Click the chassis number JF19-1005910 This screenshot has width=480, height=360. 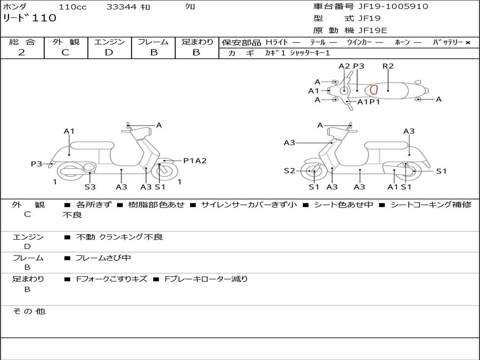pyautogui.click(x=393, y=7)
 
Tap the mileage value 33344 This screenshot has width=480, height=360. pyautogui.click(x=121, y=7)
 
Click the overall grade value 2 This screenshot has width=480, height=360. pyautogui.click(x=22, y=52)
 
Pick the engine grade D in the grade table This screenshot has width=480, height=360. pyautogui.click(x=109, y=52)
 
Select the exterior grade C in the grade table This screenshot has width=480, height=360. pyautogui.click(x=65, y=52)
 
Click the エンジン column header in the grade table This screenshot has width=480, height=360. pyautogui.click(x=109, y=42)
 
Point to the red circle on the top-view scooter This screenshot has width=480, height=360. pyautogui.click(x=374, y=90)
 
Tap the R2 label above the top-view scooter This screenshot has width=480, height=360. pyautogui.click(x=388, y=66)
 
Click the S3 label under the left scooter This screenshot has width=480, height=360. pyautogui.click(x=90, y=187)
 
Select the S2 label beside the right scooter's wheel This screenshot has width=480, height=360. pyautogui.click(x=289, y=171)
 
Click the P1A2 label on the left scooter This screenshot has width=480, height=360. pyautogui.click(x=195, y=161)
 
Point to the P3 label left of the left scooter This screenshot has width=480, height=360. pyautogui.click(x=37, y=164)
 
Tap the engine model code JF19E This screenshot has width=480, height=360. pyautogui.click(x=373, y=30)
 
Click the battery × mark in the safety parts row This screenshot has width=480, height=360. pyautogui.click(x=467, y=43)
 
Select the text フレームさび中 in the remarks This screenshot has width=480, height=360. pyautogui.click(x=103, y=258)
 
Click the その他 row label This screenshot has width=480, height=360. pyautogui.click(x=29, y=311)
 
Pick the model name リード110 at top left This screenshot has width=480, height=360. pyautogui.click(x=30, y=18)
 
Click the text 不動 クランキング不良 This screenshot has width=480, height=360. pyautogui.click(x=120, y=237)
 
